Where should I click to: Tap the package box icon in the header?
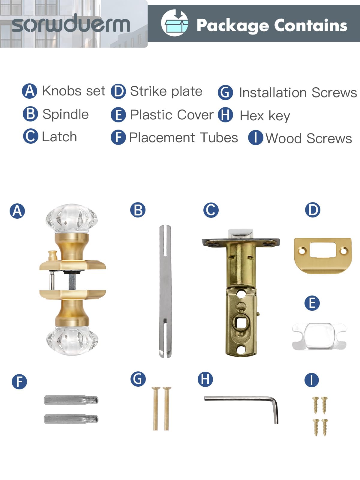pos(174,23)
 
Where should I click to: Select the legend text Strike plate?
pos(166,91)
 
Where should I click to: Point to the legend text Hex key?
pos(265,116)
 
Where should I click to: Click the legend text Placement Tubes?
pos(183,137)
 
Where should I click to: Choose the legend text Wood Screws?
pos(309,138)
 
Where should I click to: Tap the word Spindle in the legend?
pos(66,114)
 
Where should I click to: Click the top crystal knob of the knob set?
pos(71,219)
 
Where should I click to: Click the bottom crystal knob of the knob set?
pos(72,341)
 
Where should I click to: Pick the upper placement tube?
pos(71,400)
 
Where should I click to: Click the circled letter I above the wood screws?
pos(311,380)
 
